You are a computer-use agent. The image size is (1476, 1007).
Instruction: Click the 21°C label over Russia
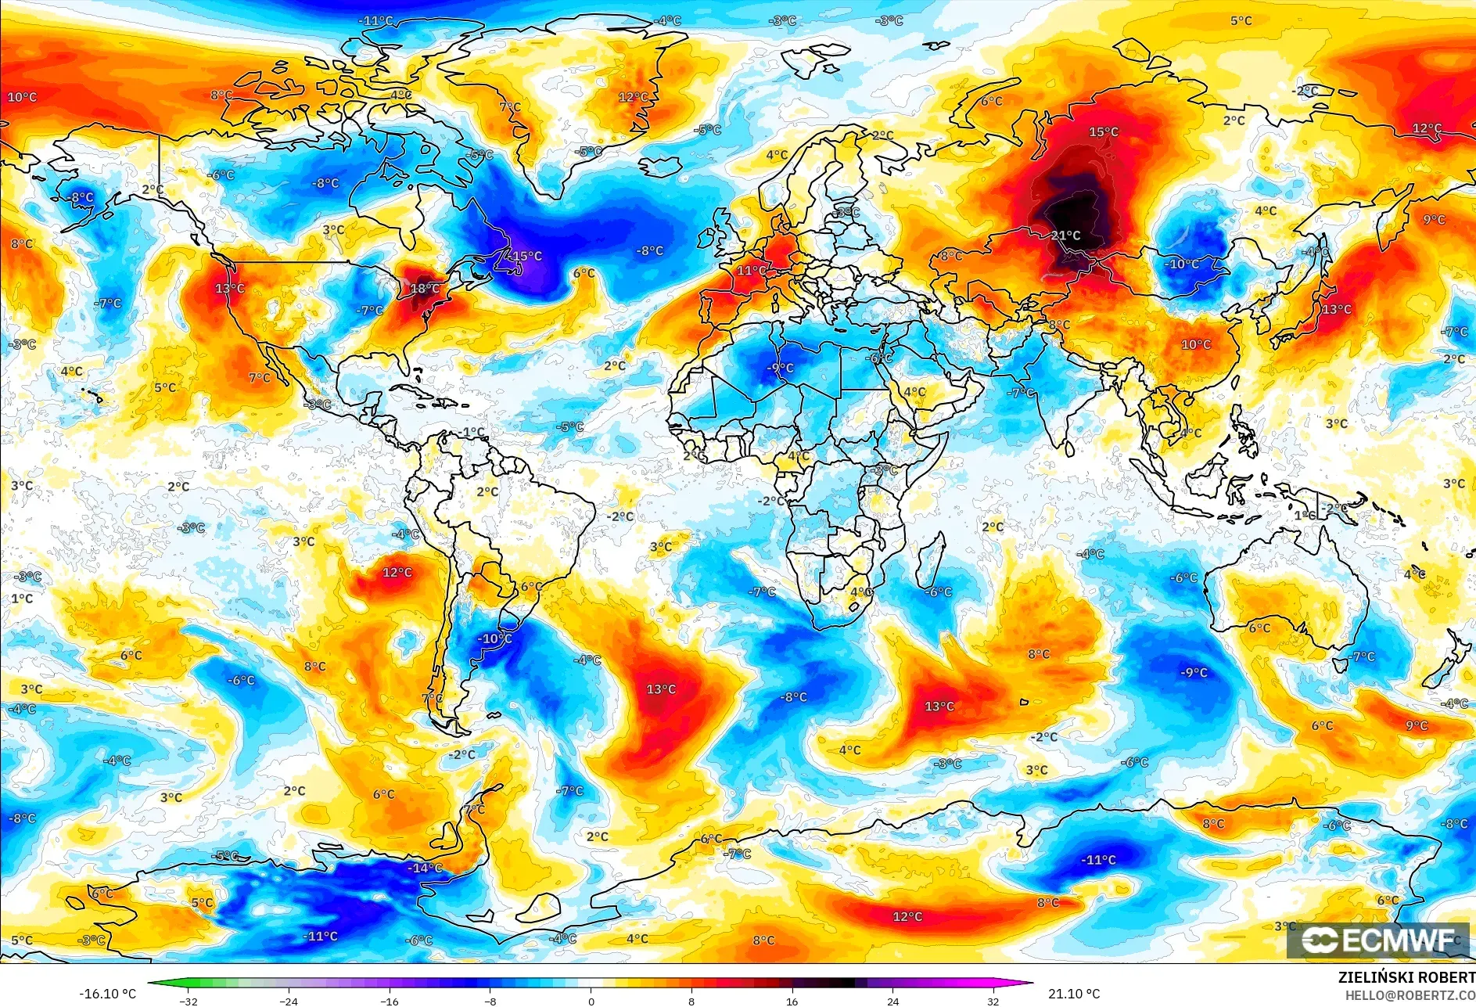(x=1065, y=236)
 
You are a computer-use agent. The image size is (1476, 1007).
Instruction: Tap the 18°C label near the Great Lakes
(x=425, y=289)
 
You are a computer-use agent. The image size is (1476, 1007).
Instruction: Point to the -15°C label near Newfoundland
(x=525, y=256)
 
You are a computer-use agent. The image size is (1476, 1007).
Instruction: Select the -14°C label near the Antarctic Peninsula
(x=426, y=868)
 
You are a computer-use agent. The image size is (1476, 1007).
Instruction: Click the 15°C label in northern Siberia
(x=1104, y=132)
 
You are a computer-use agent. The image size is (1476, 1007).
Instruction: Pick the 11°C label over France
(x=751, y=271)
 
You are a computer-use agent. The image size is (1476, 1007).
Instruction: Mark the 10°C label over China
(x=1196, y=344)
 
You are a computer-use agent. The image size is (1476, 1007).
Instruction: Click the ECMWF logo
(x=1378, y=940)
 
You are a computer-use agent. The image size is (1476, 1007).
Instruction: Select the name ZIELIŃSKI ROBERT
(x=1406, y=977)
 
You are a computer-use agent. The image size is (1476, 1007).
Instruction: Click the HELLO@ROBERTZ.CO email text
(x=1410, y=995)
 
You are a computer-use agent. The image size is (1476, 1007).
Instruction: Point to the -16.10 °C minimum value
(x=107, y=994)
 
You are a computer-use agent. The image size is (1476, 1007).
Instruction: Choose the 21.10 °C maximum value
(x=1074, y=994)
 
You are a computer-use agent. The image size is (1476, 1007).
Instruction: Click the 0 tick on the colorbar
(x=591, y=1001)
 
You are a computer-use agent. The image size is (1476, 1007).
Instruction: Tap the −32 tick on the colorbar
(x=188, y=1001)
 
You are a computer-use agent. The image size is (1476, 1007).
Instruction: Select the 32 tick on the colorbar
(x=993, y=1001)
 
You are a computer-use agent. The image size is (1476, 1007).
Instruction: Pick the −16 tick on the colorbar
(x=389, y=1001)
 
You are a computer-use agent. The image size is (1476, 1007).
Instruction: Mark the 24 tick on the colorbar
(x=892, y=1001)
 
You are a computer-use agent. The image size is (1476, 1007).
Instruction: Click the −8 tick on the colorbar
(x=490, y=1001)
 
